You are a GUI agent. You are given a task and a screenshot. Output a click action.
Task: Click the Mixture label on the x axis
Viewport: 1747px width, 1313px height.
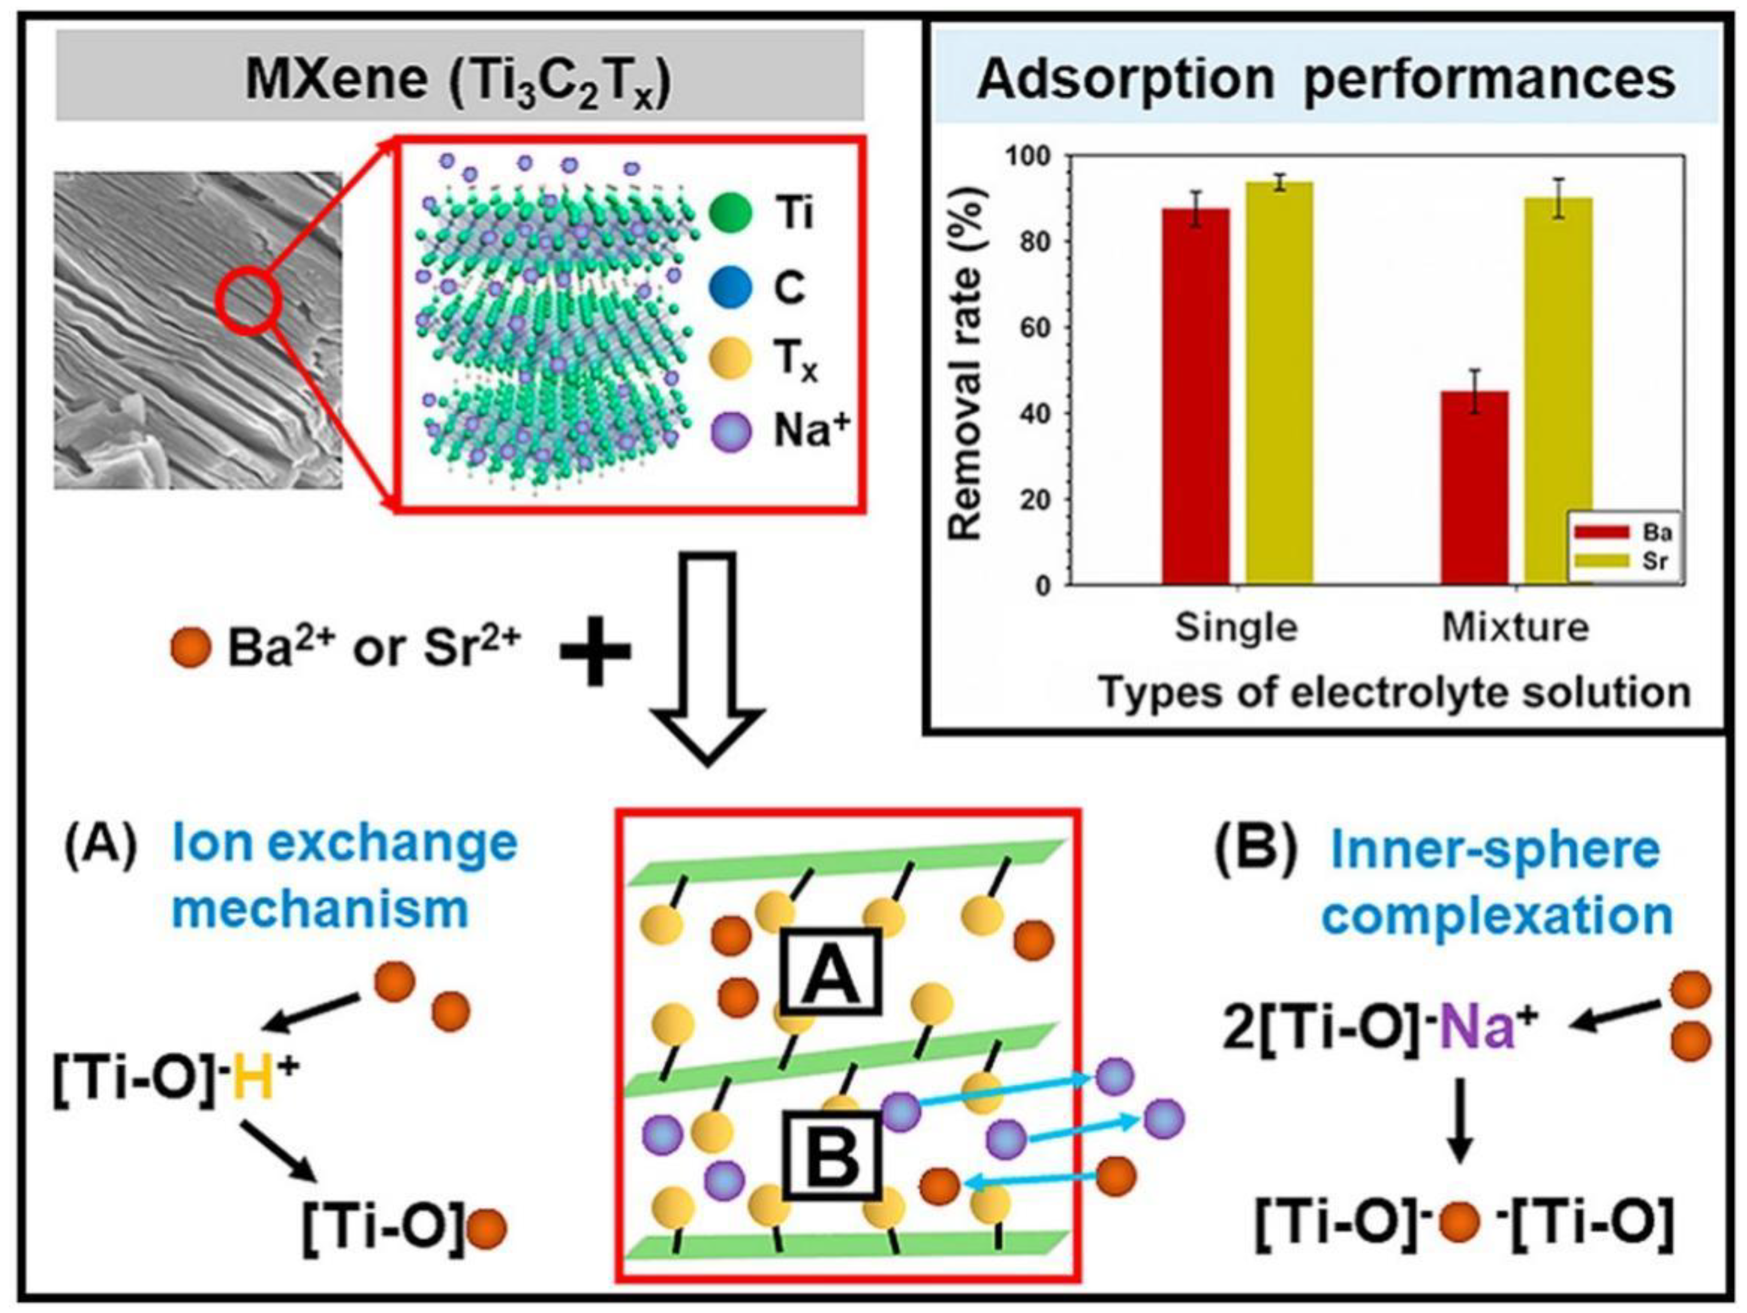pos(1515,627)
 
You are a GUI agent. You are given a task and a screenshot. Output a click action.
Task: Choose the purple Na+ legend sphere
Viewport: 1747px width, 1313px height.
pos(730,433)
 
